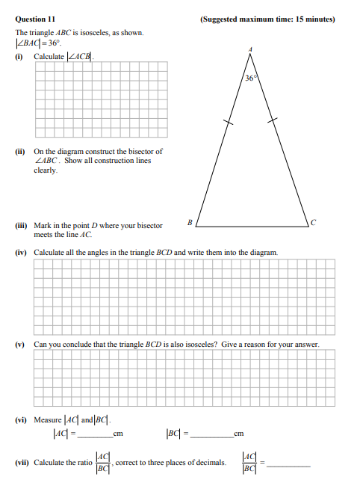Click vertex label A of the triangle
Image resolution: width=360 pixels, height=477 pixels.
249,50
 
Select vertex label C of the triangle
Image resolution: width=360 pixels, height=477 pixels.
314,222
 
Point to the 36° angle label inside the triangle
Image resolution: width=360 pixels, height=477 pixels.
250,78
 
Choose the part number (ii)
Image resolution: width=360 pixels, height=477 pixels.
20,151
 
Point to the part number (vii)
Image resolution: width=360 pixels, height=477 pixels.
22,461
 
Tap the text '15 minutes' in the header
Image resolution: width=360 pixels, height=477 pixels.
315,19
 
